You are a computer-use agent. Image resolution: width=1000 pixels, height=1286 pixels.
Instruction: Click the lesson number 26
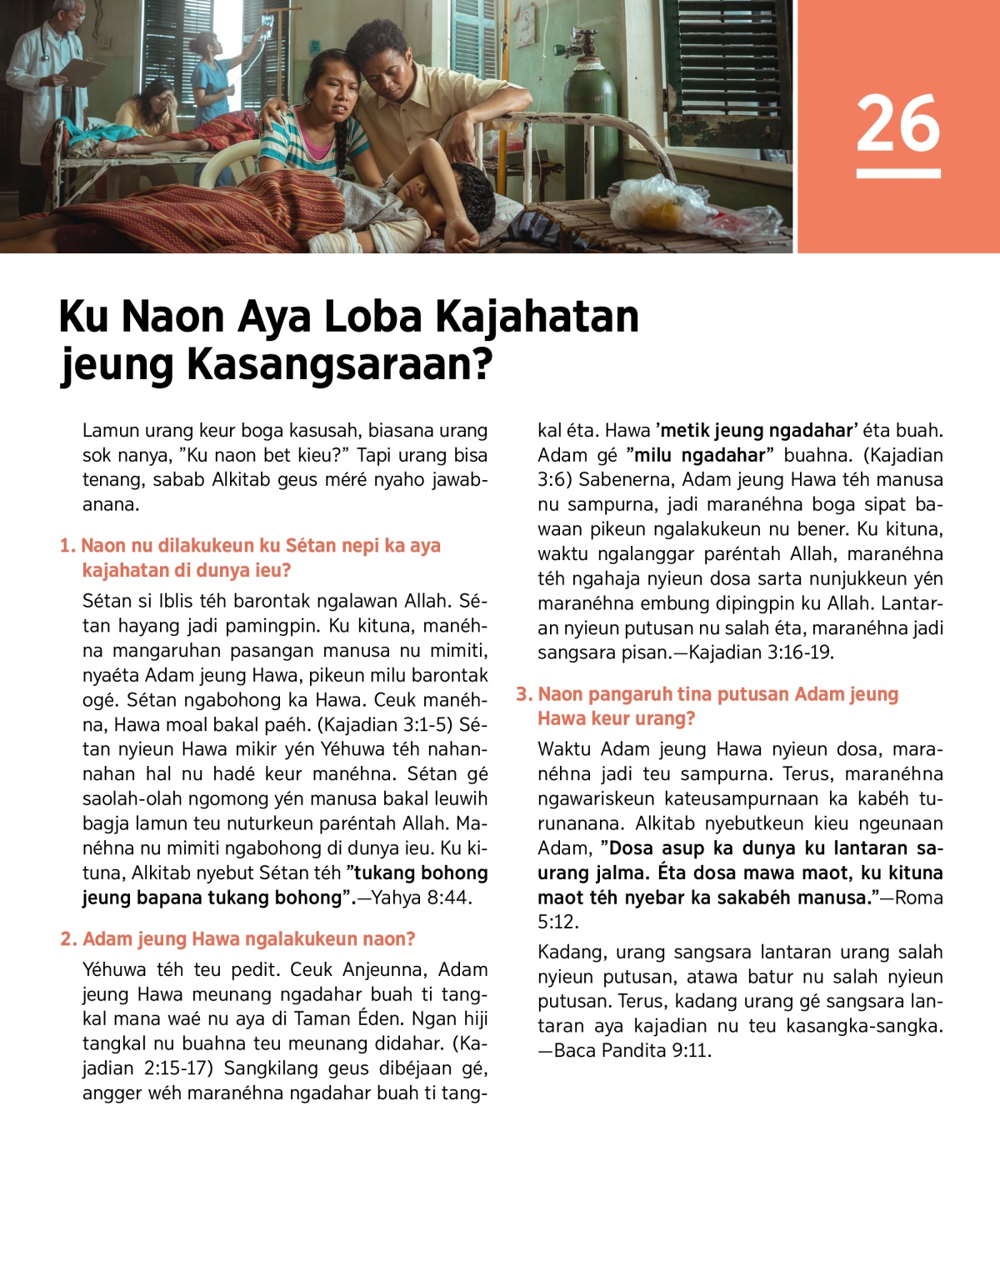(x=897, y=123)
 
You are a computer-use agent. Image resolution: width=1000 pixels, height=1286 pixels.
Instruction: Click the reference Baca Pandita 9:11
(x=632, y=1050)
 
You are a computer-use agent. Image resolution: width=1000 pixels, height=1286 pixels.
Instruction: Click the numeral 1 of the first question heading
(x=67, y=546)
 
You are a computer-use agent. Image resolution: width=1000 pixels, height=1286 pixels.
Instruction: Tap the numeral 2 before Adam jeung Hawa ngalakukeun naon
(x=67, y=939)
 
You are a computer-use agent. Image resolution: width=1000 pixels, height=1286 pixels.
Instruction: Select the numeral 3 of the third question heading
(x=523, y=694)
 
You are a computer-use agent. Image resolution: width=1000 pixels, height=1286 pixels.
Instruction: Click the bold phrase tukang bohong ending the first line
(x=421, y=873)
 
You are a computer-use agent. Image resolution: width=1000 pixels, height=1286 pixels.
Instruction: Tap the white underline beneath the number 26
(x=897, y=173)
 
